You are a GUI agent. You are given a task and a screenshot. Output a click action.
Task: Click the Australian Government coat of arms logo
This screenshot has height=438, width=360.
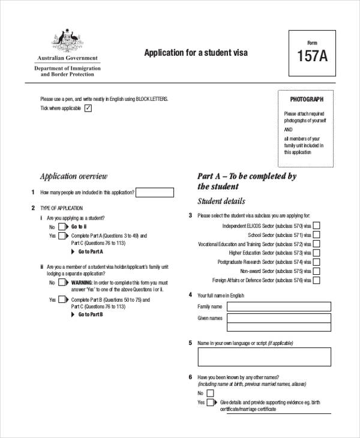click(x=67, y=40)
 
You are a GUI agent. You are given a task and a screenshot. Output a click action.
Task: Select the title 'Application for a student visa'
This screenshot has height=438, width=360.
click(x=196, y=53)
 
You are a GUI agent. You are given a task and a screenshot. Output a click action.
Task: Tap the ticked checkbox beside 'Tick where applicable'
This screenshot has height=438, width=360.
click(x=88, y=108)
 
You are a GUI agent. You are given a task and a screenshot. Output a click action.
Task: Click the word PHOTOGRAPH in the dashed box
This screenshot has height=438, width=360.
click(x=307, y=99)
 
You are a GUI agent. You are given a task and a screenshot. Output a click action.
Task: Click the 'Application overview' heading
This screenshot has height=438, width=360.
click(x=73, y=176)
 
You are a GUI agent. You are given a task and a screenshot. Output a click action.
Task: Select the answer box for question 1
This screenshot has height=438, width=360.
click(x=155, y=193)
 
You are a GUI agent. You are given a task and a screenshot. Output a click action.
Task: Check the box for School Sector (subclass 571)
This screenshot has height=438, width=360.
click(x=316, y=235)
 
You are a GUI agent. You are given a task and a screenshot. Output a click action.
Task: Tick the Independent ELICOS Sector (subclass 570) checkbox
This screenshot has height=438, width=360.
click(x=316, y=226)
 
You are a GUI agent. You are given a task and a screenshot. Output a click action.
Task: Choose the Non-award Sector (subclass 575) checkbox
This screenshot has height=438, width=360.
click(x=316, y=271)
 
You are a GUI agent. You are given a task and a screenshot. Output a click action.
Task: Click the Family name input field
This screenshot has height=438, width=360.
click(x=278, y=307)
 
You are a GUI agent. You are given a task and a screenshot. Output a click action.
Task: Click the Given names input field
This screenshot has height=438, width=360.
click(x=278, y=319)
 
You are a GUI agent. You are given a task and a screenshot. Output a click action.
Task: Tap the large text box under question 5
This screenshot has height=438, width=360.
click(x=264, y=357)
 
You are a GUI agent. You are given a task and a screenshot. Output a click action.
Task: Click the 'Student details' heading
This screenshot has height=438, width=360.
click(x=221, y=202)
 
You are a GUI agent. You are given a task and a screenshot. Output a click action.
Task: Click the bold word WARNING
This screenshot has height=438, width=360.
click(x=82, y=282)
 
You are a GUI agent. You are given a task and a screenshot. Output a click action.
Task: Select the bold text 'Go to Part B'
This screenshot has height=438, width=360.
click(x=91, y=314)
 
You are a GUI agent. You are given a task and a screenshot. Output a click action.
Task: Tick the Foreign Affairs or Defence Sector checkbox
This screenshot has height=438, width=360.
click(x=316, y=280)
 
